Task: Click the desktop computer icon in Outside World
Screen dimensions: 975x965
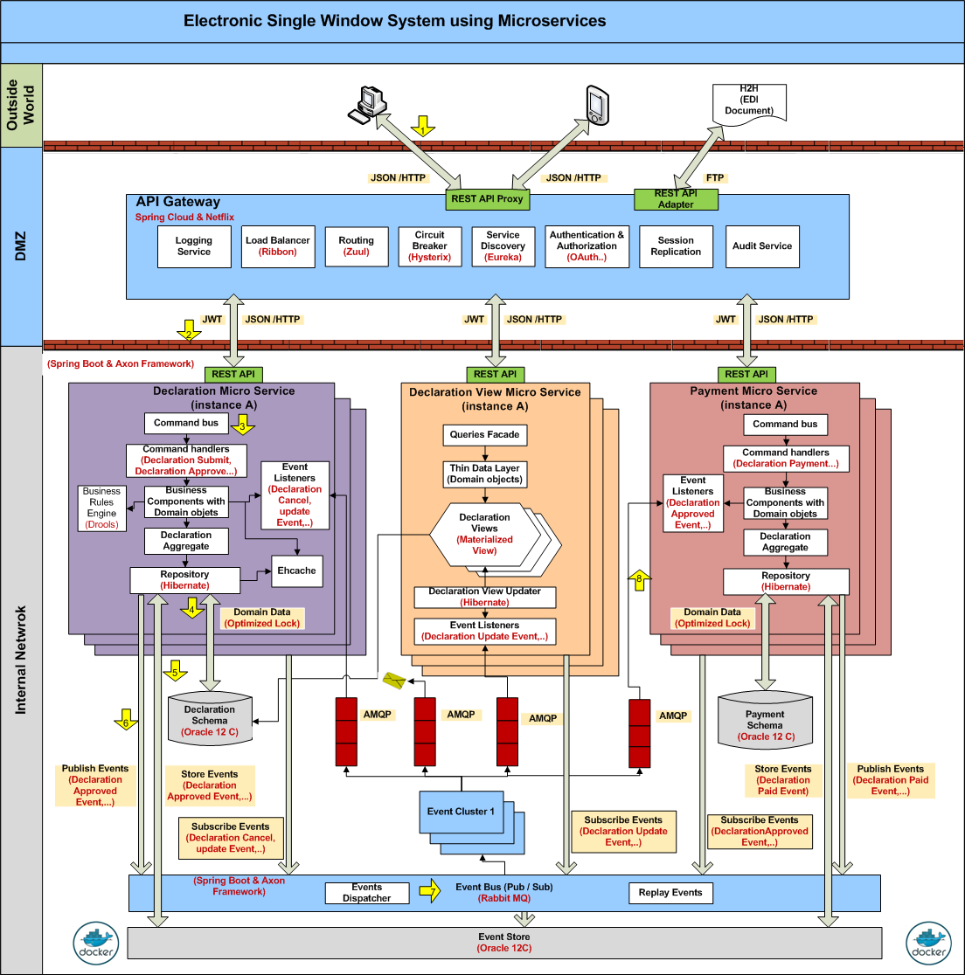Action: tap(367, 106)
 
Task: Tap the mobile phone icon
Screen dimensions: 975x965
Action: tap(596, 105)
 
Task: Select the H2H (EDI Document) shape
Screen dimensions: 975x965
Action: tap(749, 101)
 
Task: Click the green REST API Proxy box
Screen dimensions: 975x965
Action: tap(487, 199)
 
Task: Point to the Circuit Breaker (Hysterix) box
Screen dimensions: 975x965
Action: tap(429, 246)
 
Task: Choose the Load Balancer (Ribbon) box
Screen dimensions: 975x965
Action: tap(277, 246)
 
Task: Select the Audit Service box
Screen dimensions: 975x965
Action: tap(762, 246)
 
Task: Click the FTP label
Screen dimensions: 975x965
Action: tap(715, 178)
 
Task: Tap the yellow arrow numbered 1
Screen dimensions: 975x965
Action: tap(423, 127)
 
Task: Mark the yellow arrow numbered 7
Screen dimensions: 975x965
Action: tap(428, 891)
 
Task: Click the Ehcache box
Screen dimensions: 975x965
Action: tap(296, 571)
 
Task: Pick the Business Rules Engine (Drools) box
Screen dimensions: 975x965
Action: tap(101, 508)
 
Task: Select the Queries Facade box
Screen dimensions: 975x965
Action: tap(484, 435)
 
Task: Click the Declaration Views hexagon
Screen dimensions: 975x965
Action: tap(484, 534)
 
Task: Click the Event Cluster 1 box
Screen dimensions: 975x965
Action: tap(461, 812)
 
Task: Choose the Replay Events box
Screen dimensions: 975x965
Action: tap(670, 893)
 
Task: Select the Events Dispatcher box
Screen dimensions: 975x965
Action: tap(366, 893)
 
